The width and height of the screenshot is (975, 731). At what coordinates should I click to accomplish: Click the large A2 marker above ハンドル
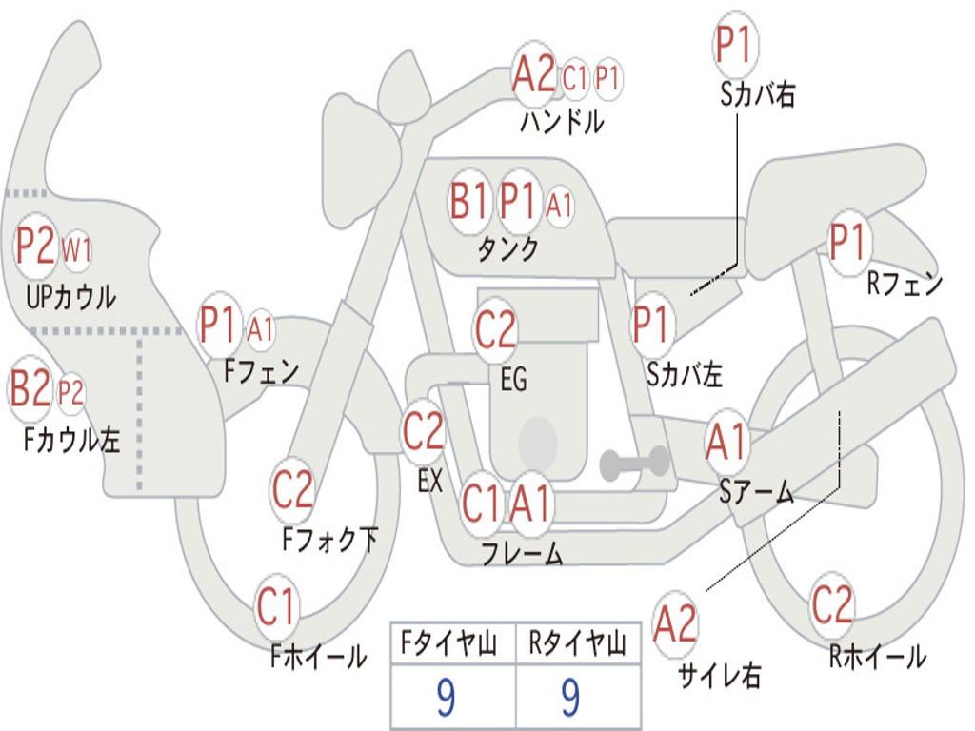tap(533, 73)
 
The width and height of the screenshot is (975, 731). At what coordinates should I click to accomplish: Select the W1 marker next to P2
tap(76, 250)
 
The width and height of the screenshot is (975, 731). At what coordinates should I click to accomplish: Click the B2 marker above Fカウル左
tap(29, 388)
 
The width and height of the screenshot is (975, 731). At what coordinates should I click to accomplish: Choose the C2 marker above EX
tap(423, 431)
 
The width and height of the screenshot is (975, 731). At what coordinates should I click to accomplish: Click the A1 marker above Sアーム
tap(726, 442)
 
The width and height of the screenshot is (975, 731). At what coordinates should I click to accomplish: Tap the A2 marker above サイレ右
tap(675, 623)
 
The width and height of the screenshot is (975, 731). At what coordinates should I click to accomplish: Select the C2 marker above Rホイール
tap(831, 604)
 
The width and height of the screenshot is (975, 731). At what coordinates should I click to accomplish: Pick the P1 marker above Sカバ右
tap(736, 44)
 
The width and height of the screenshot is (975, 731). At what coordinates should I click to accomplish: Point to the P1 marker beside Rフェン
tap(848, 242)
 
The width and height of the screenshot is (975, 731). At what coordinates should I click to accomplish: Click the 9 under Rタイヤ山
tap(571, 698)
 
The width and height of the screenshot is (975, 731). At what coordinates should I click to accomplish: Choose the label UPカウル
tap(70, 297)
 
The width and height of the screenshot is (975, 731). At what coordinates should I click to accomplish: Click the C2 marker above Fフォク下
tap(292, 489)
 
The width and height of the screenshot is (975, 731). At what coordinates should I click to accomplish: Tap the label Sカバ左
tap(684, 374)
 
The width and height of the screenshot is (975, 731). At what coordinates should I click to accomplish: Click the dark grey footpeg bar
tap(634, 464)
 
